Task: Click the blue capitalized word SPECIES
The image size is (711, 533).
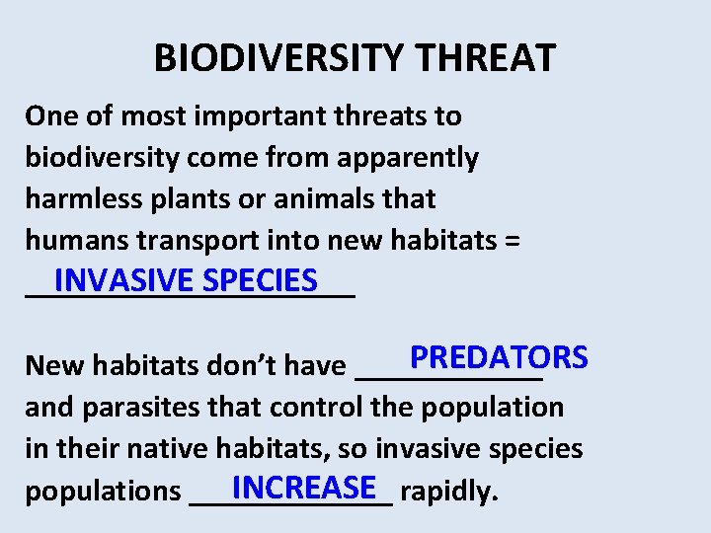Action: [x=258, y=280]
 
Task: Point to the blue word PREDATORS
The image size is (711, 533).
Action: [x=499, y=356]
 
